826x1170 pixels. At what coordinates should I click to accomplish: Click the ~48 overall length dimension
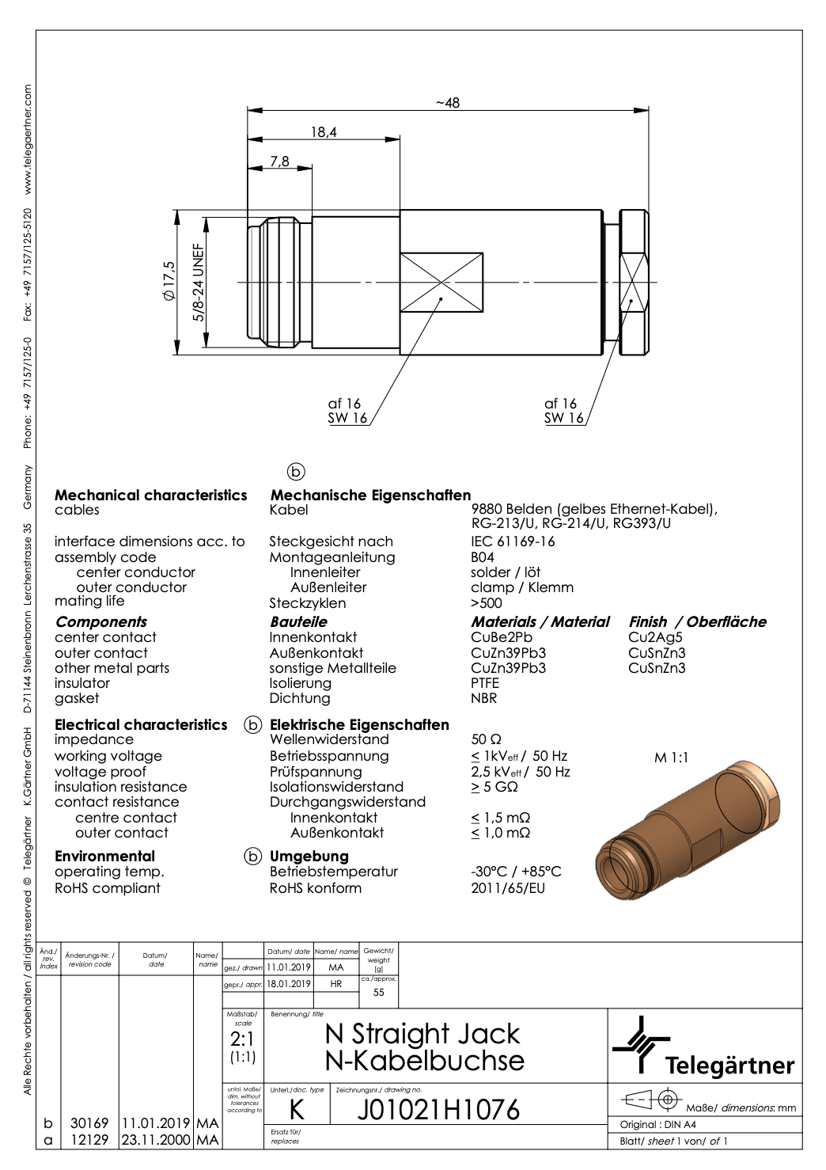point(448,103)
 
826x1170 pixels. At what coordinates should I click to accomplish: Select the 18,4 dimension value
point(323,132)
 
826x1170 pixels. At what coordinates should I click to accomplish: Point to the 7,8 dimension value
point(280,161)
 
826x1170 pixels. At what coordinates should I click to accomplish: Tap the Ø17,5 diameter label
point(168,281)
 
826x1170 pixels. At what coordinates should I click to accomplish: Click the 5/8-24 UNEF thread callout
point(199,282)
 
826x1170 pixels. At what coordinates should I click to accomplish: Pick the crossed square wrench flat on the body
point(441,282)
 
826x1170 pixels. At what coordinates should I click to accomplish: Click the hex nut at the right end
point(634,282)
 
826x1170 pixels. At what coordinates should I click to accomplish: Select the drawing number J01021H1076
point(438,1110)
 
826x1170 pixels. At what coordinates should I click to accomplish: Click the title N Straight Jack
point(422,1034)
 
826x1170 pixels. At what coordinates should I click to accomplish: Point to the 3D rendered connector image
point(688,831)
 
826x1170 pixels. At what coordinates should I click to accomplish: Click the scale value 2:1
point(242,1039)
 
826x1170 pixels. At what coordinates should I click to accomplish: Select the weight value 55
point(378,993)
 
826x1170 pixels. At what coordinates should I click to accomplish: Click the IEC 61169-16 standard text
point(513,541)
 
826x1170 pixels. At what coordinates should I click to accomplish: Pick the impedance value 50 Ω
point(486,739)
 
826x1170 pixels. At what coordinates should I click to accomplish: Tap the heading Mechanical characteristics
point(150,496)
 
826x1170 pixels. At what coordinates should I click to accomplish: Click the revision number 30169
point(89,1123)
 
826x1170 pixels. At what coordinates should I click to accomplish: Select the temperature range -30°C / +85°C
point(516,872)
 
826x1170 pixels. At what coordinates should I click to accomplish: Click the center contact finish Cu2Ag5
point(655,637)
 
